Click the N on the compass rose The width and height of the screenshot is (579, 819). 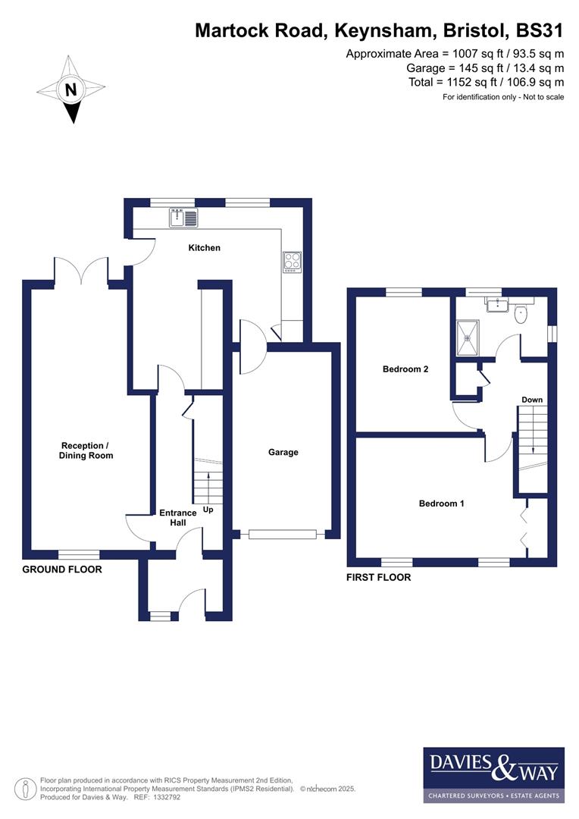(71, 89)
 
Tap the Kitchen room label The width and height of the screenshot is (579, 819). (205, 248)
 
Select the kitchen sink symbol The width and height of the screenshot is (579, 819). (184, 218)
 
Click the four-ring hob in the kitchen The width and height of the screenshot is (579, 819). (292, 262)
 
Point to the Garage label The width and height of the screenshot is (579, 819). (283, 452)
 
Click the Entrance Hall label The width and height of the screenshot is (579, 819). (177, 517)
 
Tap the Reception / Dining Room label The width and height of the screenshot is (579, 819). (86, 450)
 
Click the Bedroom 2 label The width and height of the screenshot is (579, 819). (405, 369)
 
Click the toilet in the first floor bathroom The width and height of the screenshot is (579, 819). (521, 313)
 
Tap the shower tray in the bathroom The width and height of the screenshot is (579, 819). (467, 331)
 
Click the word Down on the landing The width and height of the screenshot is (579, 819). (532, 400)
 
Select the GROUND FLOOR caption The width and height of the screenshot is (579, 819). (62, 570)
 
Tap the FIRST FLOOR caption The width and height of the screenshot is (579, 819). (378, 578)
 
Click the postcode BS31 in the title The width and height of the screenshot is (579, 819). (540, 30)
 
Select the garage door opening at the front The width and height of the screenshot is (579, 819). (282, 535)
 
